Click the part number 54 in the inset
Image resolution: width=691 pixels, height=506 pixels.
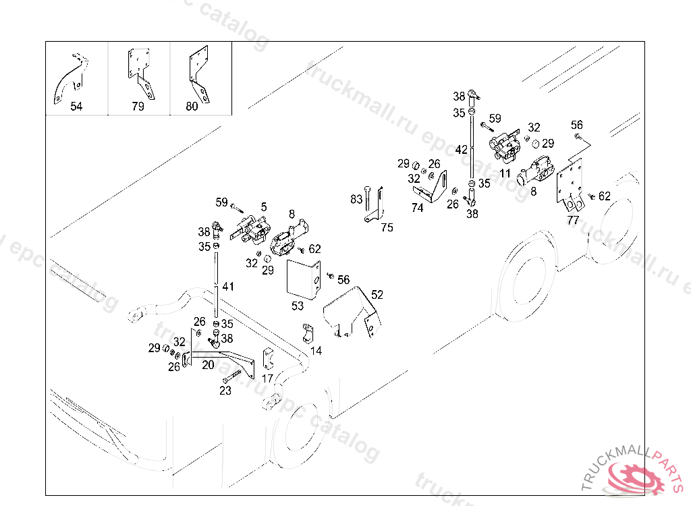point(76,107)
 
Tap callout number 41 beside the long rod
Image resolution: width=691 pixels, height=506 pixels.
point(229,287)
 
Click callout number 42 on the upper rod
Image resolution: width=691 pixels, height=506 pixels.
point(461,150)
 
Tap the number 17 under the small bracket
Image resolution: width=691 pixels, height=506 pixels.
point(267,378)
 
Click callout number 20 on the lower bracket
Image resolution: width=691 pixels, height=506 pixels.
point(208,364)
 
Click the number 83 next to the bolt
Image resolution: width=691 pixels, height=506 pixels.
point(356,200)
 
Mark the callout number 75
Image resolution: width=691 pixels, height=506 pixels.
point(387,228)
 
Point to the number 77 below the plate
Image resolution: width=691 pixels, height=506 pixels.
point(573,220)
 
